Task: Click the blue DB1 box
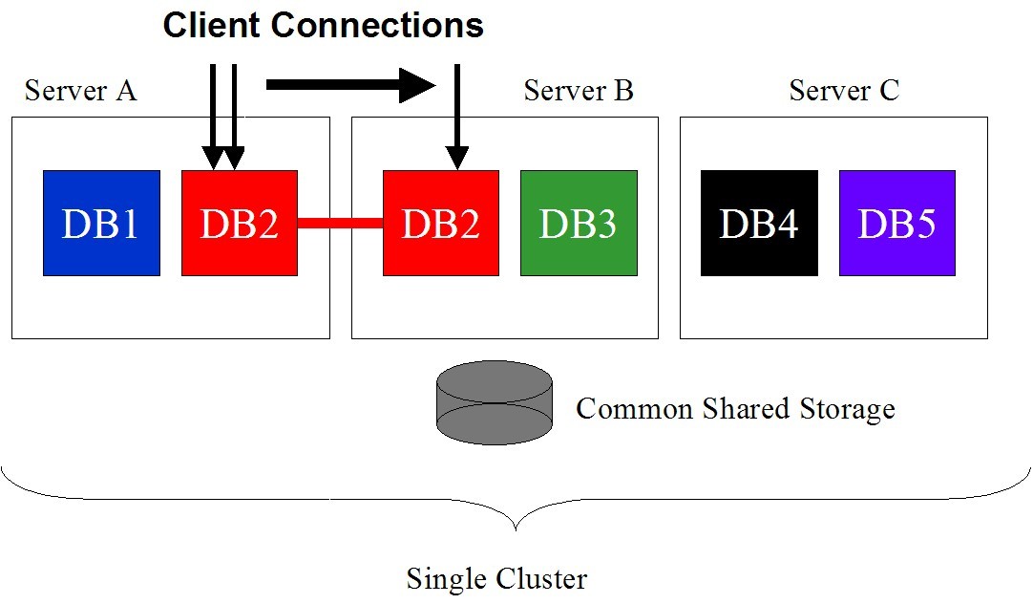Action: pyautogui.click(x=101, y=223)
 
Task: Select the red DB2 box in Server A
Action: pyautogui.click(x=239, y=223)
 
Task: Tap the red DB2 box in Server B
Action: pyautogui.click(x=440, y=223)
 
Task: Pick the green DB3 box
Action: pyautogui.click(x=579, y=223)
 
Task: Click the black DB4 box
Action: pyautogui.click(x=759, y=223)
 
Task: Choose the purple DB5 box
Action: pyautogui.click(x=896, y=223)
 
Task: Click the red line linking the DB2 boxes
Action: pyautogui.click(x=340, y=224)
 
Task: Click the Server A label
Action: pyautogui.click(x=80, y=91)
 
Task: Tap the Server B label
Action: pyautogui.click(x=579, y=91)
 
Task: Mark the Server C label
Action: pyautogui.click(x=844, y=91)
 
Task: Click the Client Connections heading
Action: pyautogui.click(x=323, y=25)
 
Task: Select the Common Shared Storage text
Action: pyautogui.click(x=735, y=409)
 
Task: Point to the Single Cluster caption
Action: pyautogui.click(x=496, y=578)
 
